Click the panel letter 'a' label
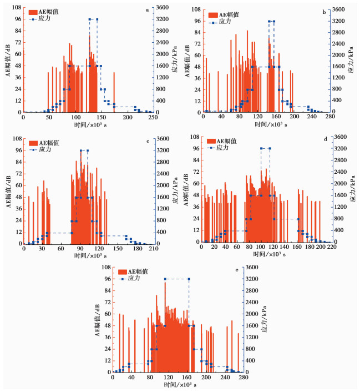tap(146, 10)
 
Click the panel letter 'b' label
tap(324, 11)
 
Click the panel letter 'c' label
tap(147, 140)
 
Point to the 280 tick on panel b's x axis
tap(329, 117)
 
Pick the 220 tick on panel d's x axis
tap(331, 247)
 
